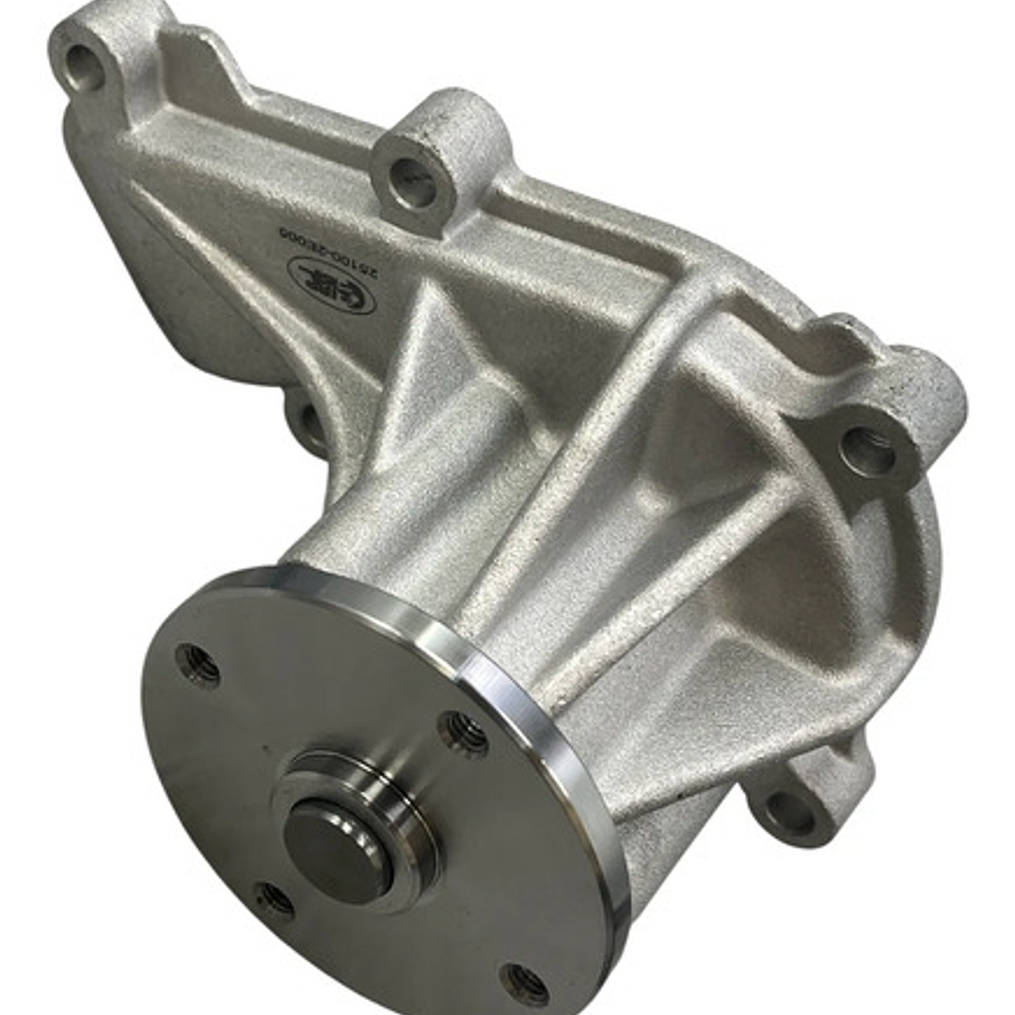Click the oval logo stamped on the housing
(331, 284)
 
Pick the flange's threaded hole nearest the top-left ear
(198, 664)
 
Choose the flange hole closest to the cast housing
(464, 730)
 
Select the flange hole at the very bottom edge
(524, 982)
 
